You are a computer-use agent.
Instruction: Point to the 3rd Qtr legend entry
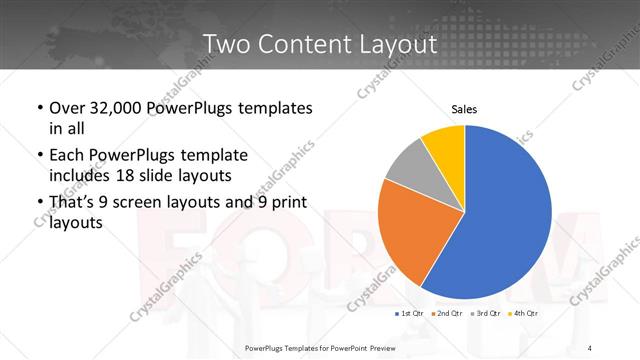(x=484, y=314)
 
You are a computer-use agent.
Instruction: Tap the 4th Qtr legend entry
(x=521, y=314)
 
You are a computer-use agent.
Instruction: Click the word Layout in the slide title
(x=396, y=44)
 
